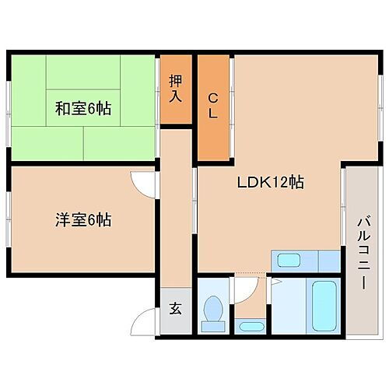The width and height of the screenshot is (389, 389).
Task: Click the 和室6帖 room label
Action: pyautogui.click(x=82, y=108)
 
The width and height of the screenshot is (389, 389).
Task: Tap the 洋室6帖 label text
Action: pyautogui.click(x=82, y=220)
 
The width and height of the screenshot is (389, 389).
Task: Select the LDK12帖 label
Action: pyautogui.click(x=270, y=183)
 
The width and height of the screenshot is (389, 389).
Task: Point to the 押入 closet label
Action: pyautogui.click(x=176, y=89)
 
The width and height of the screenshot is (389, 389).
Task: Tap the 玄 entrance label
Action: pyautogui.click(x=175, y=309)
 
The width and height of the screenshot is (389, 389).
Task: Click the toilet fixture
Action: pyautogui.click(x=212, y=310)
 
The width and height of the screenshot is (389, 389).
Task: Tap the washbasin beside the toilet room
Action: pyautogui.click(x=251, y=326)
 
